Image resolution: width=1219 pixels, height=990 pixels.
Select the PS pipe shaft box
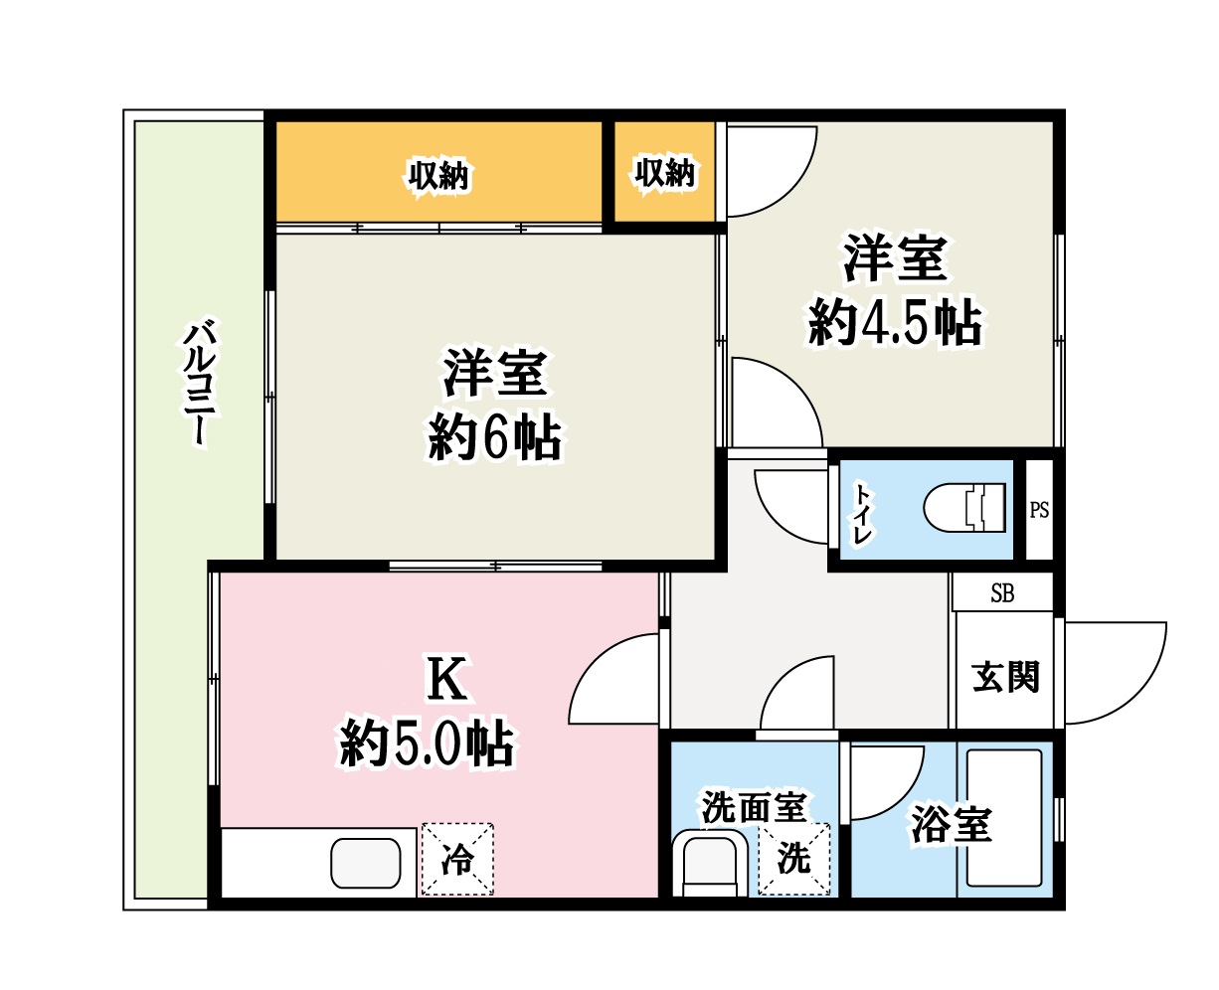[1039, 510]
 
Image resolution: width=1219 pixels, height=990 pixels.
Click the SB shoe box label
[1002, 594]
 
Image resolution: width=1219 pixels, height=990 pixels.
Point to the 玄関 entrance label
[1005, 678]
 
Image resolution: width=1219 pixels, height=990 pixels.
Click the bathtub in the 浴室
[1004, 817]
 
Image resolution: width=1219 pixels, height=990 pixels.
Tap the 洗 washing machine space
[793, 858]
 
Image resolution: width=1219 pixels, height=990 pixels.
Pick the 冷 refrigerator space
[457, 859]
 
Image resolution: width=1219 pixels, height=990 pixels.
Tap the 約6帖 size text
[494, 438]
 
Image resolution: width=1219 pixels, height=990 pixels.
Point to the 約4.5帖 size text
[895, 322]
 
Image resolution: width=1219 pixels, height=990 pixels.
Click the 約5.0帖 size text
[427, 742]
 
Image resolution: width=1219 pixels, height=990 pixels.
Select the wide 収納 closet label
[438, 177]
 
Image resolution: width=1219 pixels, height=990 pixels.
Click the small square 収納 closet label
[664, 173]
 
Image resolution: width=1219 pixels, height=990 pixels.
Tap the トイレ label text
[861, 511]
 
